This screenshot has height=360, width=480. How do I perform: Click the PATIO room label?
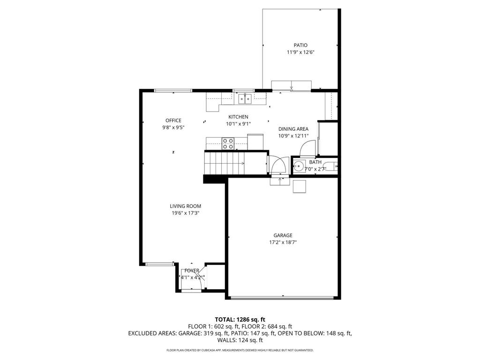(300, 45)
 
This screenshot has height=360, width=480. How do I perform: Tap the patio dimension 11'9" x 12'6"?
(300, 52)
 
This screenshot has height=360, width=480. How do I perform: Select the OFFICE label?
(173, 120)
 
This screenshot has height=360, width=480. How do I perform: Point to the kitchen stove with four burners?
(228, 143)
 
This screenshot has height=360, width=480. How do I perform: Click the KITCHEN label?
(238, 117)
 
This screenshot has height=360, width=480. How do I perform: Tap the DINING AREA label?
(293, 129)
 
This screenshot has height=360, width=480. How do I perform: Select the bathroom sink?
(298, 165)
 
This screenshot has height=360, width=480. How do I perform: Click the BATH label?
(315, 162)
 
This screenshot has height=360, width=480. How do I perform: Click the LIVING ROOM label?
(185, 206)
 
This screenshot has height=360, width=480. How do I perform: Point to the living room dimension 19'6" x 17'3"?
(185, 213)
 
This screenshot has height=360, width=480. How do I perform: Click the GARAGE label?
(283, 235)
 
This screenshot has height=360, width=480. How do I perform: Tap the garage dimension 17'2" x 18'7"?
(283, 242)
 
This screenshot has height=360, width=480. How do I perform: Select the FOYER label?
(192, 270)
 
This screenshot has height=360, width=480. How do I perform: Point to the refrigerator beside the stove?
(255, 142)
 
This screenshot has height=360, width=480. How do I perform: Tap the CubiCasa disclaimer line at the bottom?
(240, 350)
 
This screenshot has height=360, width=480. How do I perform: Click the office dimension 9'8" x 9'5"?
(173, 127)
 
